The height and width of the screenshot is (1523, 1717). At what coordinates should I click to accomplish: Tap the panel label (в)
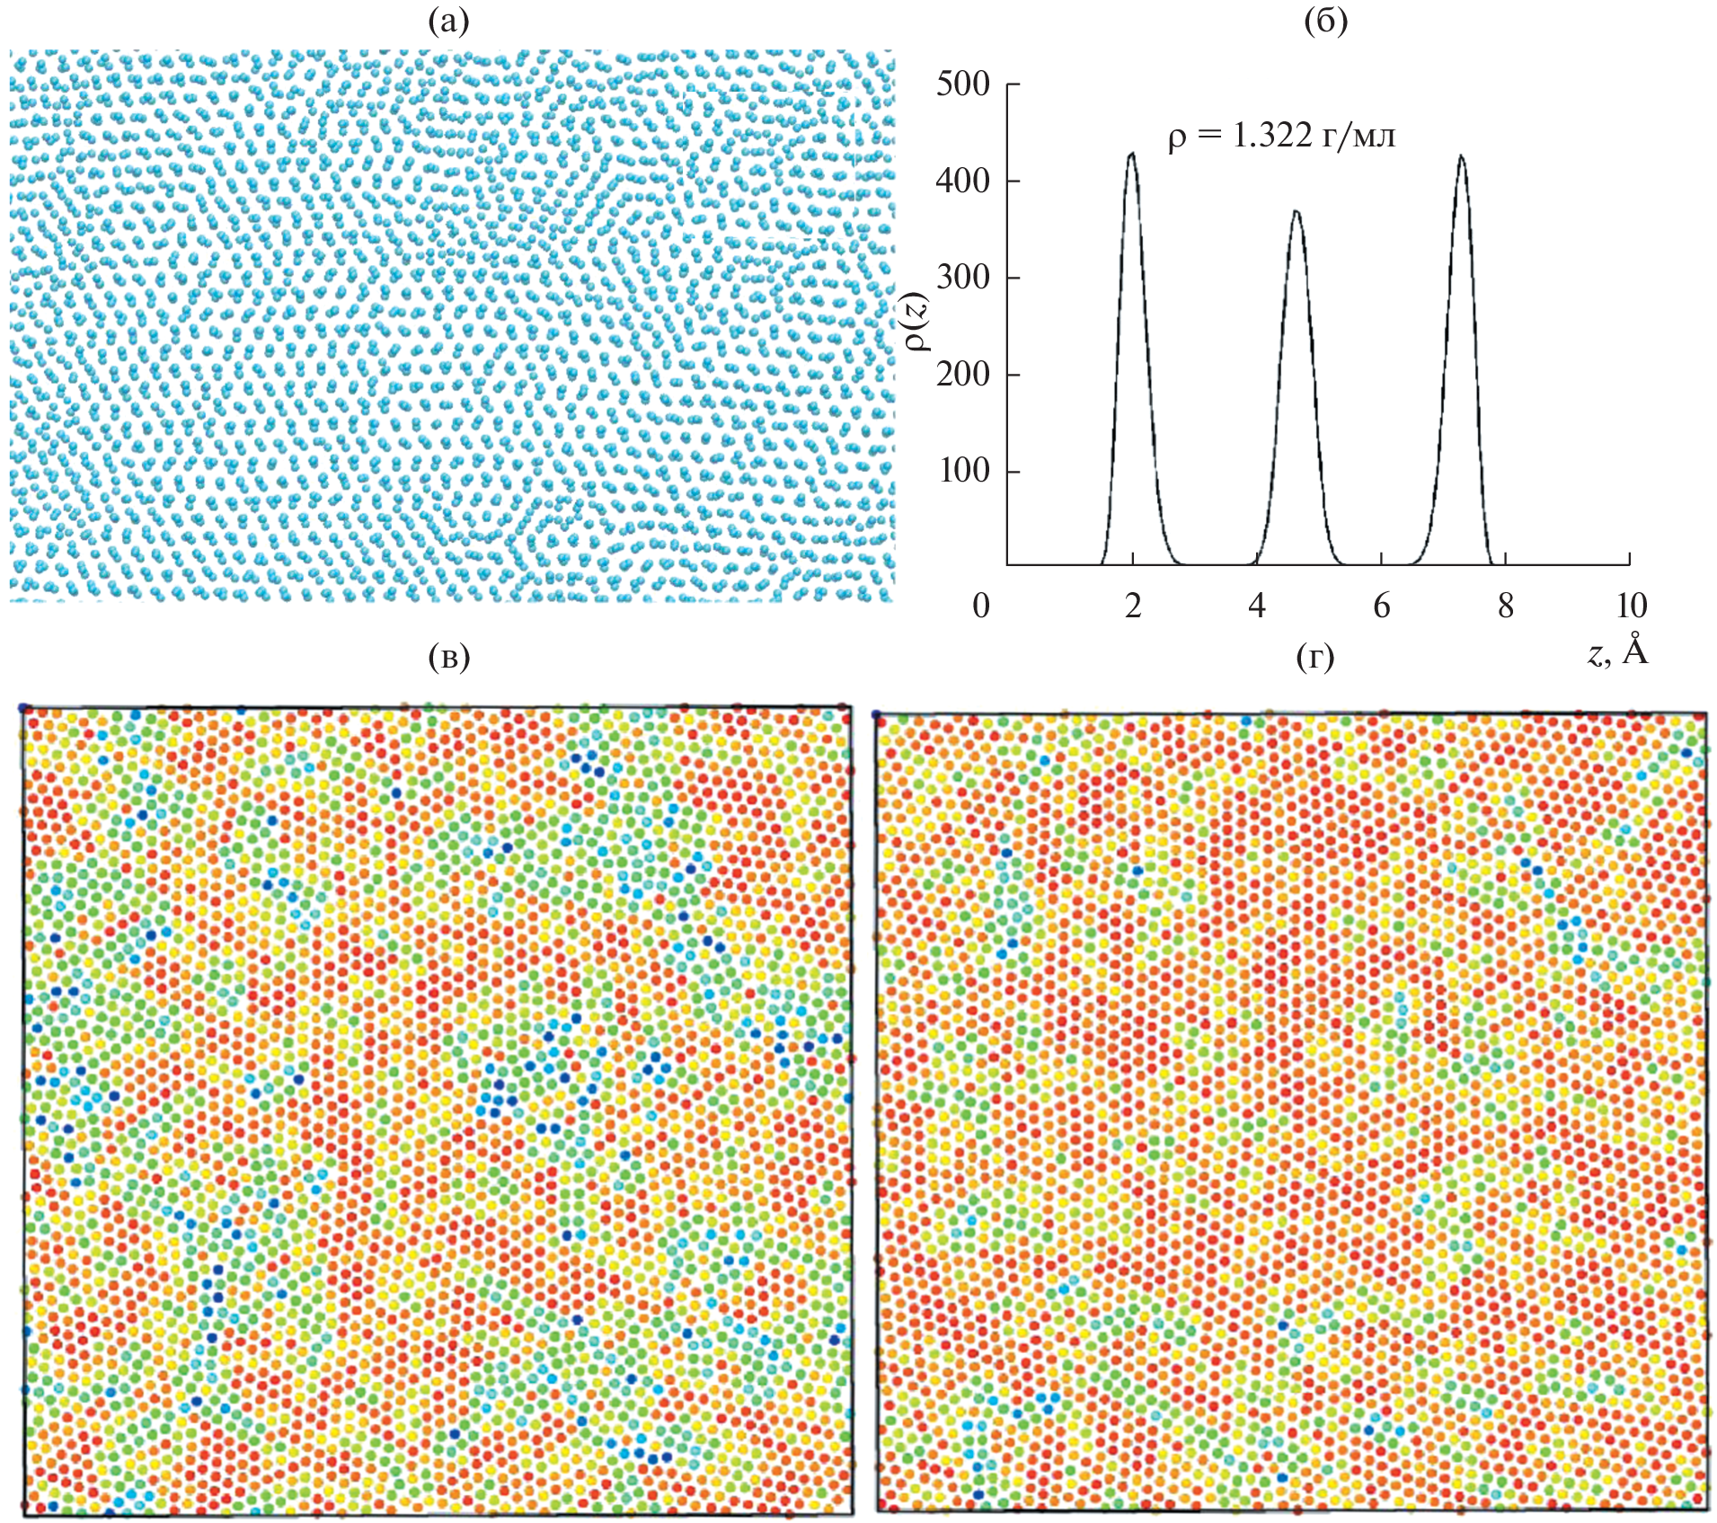(x=449, y=658)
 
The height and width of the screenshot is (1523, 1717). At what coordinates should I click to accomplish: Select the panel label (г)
(x=1315, y=658)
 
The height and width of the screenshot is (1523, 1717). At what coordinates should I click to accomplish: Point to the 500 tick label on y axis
(x=962, y=84)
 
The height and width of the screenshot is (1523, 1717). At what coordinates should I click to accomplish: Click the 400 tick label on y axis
(x=962, y=181)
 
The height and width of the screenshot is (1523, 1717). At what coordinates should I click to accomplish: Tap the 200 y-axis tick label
(x=962, y=374)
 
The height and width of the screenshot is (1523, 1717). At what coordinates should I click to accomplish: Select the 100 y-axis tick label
(x=962, y=470)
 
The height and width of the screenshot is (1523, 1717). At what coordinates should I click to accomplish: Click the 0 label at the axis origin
(x=981, y=606)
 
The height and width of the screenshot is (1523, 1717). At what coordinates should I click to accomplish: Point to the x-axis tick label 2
(x=1133, y=606)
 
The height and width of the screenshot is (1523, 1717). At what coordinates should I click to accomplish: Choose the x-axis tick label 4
(x=1257, y=606)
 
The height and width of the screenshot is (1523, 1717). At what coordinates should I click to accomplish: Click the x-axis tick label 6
(x=1382, y=606)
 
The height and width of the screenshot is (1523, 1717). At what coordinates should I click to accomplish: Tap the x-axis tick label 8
(x=1506, y=606)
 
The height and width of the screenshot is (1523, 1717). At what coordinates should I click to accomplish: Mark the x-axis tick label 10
(x=1631, y=606)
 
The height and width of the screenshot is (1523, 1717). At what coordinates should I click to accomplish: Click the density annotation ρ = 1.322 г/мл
(x=1282, y=136)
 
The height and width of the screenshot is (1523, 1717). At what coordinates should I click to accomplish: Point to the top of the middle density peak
(x=1296, y=211)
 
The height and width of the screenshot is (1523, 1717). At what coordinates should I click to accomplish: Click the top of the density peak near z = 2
(x=1131, y=153)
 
